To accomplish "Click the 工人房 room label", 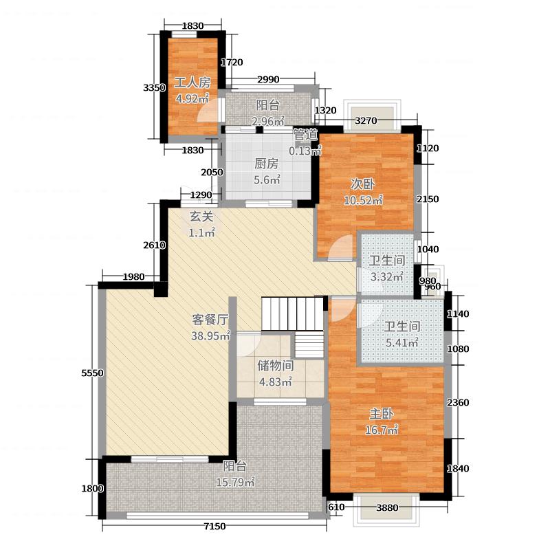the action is click(x=192, y=82).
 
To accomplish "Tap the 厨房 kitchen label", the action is click(x=267, y=164).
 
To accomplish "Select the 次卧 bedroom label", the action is click(x=363, y=184).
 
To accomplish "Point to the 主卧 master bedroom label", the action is click(x=382, y=414).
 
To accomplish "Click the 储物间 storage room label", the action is click(x=276, y=366).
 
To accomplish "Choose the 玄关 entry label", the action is click(x=201, y=217).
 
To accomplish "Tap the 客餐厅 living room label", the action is click(x=210, y=320).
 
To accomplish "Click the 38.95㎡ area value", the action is click(x=210, y=335).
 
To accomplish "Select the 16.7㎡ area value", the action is click(x=382, y=430).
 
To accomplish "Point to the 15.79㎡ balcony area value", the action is click(x=235, y=483).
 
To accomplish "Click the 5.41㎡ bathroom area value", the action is click(x=402, y=342).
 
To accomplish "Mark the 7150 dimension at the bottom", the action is click(x=214, y=526).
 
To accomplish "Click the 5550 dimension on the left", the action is click(x=92, y=373).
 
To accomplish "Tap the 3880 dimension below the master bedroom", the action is click(x=387, y=507).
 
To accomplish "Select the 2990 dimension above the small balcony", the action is click(x=268, y=79).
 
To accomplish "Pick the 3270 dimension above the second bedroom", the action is click(x=366, y=121).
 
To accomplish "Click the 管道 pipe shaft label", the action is click(x=305, y=135).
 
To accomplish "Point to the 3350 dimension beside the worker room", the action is click(x=154, y=87).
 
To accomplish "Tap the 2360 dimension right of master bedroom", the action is click(x=458, y=402).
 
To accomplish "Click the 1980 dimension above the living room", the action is click(x=133, y=277).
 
